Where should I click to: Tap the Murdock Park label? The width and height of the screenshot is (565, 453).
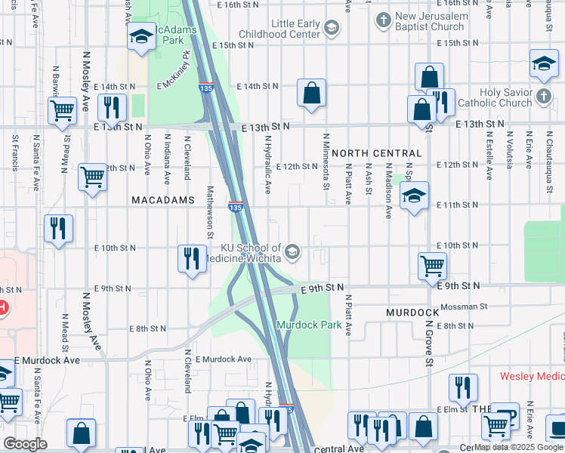coord(304,325)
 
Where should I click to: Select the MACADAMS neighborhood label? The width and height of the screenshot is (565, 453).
coord(159,201)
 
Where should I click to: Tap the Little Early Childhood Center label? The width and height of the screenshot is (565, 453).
coord(279,29)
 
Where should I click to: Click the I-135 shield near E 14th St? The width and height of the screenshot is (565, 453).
coord(205,87)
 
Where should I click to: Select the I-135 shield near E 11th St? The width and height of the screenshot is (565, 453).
coord(236,205)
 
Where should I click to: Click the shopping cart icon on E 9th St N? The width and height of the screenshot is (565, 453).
coord(432,265)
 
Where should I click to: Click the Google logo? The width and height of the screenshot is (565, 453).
coord(25,444)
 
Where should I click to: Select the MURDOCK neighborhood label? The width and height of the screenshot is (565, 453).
coord(412,312)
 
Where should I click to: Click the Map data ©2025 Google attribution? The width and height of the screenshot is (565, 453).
coord(518,447)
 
